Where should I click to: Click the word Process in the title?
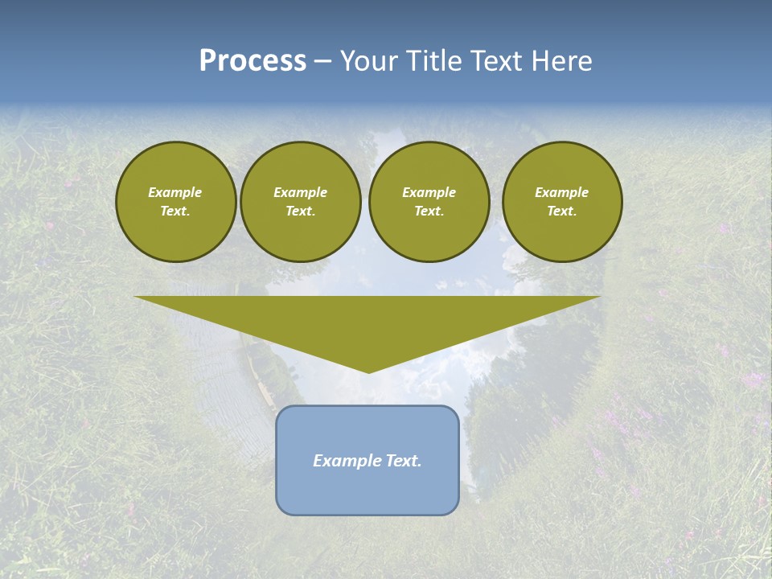pyautogui.click(x=253, y=61)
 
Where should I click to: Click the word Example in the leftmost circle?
pyautogui.click(x=175, y=192)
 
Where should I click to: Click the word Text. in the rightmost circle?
pyautogui.click(x=561, y=211)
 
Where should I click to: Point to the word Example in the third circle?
pyautogui.click(x=429, y=192)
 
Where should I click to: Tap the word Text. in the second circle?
pyautogui.click(x=300, y=211)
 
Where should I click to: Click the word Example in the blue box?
pyautogui.click(x=346, y=461)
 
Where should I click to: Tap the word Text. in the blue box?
pyautogui.click(x=402, y=461)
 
